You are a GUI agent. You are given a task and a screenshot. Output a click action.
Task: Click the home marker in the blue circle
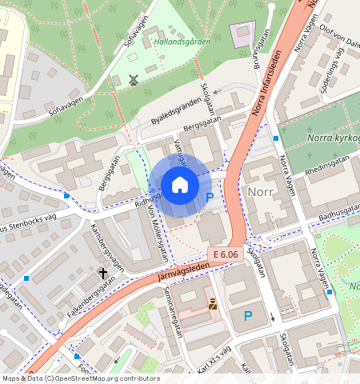[x=180, y=186]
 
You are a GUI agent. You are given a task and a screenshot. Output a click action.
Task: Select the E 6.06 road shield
[x=227, y=254]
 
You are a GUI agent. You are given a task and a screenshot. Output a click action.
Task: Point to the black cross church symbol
[x=102, y=274]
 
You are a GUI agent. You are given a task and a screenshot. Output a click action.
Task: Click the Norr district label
[x=261, y=193]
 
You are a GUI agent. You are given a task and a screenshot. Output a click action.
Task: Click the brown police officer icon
[x=213, y=303]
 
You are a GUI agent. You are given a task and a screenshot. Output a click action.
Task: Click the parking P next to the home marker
[x=210, y=197]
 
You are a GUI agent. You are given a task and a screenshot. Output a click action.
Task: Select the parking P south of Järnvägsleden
[x=247, y=316]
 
